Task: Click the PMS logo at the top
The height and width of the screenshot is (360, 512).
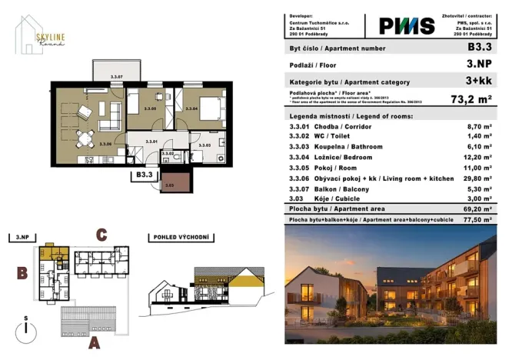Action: coord(406,25)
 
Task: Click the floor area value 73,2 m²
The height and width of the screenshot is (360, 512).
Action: coord(471,99)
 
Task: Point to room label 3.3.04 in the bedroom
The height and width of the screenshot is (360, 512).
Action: coord(191,109)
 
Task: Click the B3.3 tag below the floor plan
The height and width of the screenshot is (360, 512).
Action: coord(144,175)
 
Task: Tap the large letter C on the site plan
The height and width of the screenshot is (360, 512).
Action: coord(100,234)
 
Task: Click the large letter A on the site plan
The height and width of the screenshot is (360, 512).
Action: coord(93,343)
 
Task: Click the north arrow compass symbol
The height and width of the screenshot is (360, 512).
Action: coord(27,325)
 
